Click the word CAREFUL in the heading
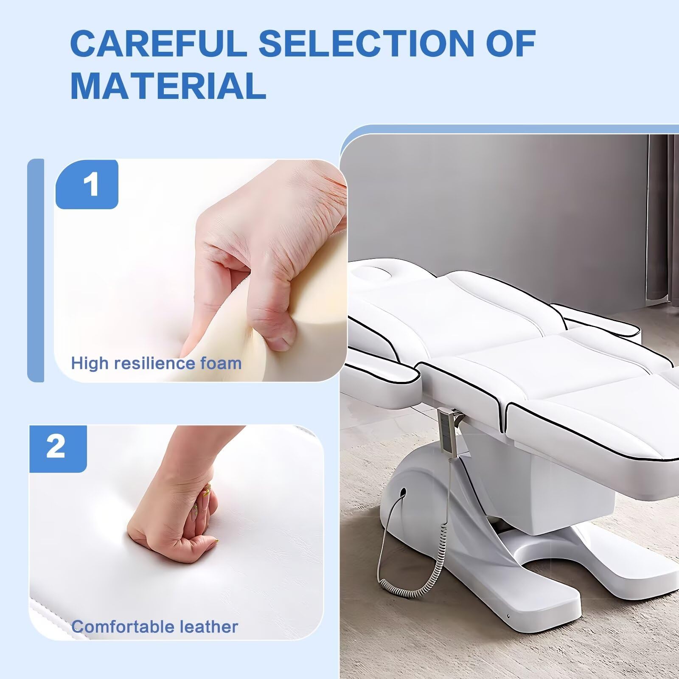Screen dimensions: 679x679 (x=158, y=43)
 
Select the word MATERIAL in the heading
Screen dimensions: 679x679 (x=168, y=86)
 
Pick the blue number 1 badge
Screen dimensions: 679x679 (x=87, y=185)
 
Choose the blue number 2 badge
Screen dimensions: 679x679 (x=58, y=448)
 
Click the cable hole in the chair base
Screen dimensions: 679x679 (x=402, y=493)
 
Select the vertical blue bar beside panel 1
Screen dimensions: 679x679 (x=36, y=270)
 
